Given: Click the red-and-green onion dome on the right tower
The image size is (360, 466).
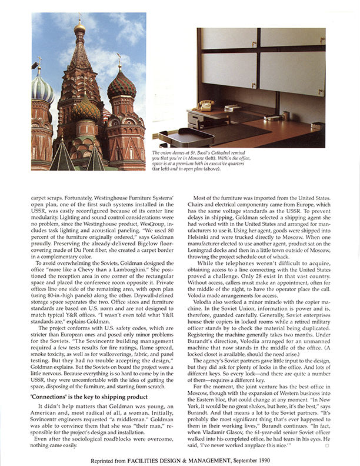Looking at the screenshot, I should click(122, 85).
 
